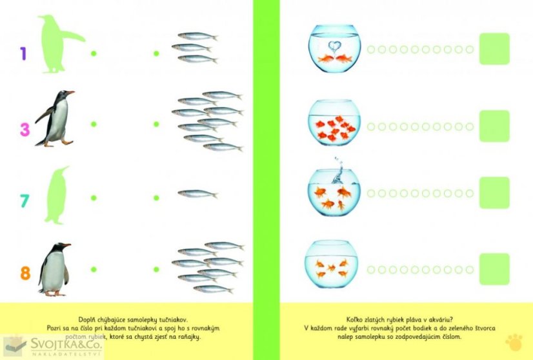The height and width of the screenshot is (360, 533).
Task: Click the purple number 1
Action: click(x=23, y=54)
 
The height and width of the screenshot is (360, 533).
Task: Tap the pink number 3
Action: click(x=25, y=130)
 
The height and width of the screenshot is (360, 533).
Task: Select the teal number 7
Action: click(x=25, y=201)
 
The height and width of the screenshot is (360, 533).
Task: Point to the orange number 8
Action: click(x=26, y=273)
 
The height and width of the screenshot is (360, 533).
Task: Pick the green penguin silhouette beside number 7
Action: click(x=56, y=195)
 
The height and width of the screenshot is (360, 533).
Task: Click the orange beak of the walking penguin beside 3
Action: click(x=70, y=92)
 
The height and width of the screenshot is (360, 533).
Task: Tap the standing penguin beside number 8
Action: click(x=54, y=269)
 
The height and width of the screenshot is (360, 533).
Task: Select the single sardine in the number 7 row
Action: click(x=197, y=194)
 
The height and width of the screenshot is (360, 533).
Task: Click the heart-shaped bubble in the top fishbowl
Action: click(x=334, y=46)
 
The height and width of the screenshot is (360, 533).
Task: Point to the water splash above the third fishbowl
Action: click(x=337, y=170)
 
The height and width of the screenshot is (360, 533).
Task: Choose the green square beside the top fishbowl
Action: click(x=494, y=49)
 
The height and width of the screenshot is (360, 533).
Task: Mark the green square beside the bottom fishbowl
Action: click(x=494, y=269)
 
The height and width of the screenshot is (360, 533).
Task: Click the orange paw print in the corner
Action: click(x=514, y=342)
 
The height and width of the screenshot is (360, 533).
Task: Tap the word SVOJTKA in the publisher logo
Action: click(x=56, y=344)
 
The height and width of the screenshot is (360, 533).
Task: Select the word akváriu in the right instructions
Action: click(x=440, y=319)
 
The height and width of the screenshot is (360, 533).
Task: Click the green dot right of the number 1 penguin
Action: click(x=94, y=54)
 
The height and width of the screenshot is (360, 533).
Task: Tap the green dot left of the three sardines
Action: click(x=156, y=54)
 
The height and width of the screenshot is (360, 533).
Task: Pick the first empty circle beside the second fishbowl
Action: click(x=371, y=126)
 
